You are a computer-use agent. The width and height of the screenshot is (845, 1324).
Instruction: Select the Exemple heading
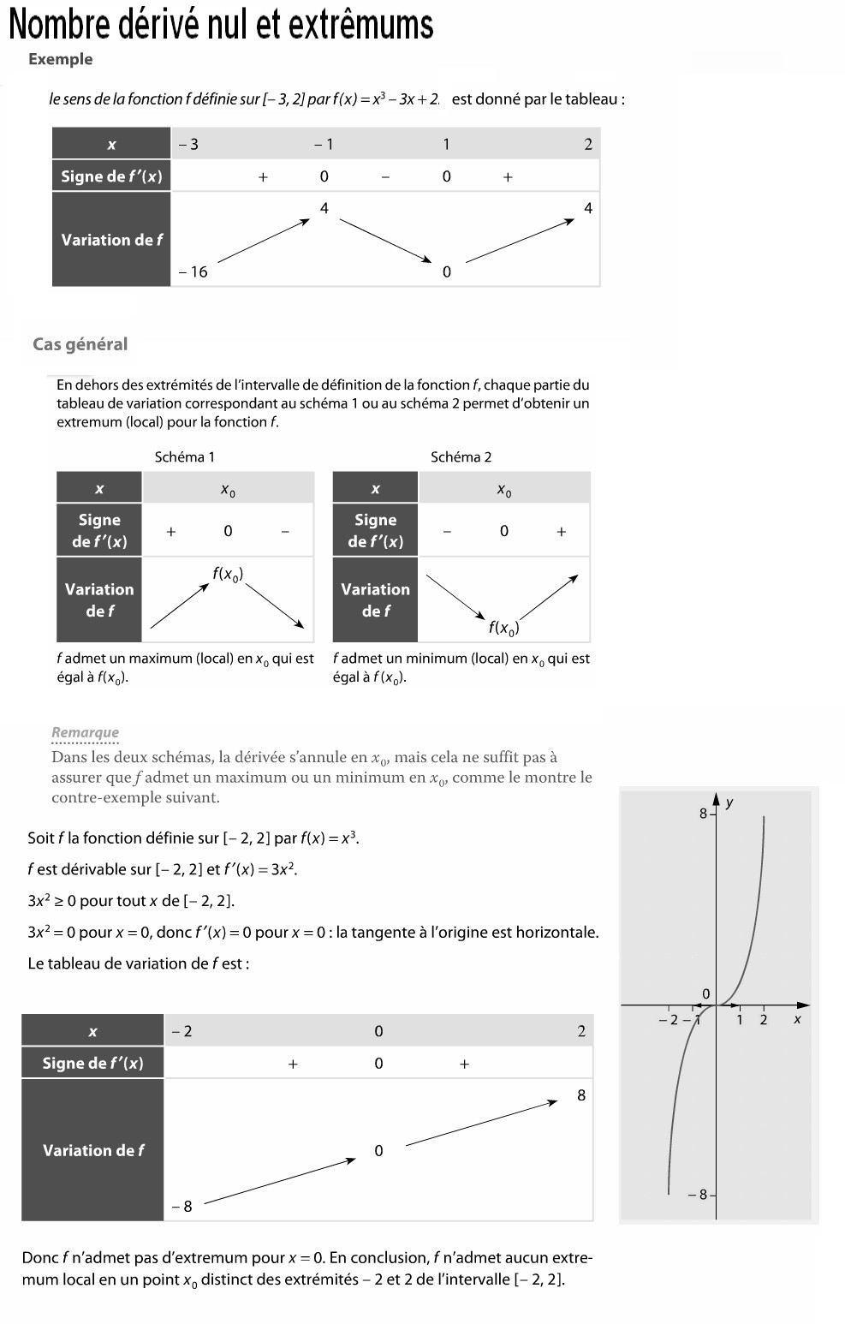(60, 59)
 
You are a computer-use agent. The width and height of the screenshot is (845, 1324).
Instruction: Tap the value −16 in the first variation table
(193, 271)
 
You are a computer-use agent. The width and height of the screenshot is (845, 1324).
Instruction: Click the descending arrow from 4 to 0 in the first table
(386, 240)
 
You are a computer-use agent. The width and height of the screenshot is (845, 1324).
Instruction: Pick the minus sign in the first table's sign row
(385, 177)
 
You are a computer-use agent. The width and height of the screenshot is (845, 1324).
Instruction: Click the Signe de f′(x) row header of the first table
(111, 176)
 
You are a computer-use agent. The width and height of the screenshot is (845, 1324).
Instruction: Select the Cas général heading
(80, 344)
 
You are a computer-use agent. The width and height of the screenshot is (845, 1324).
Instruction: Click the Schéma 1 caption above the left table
(184, 457)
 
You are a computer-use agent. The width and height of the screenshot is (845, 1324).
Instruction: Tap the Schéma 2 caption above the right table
(461, 457)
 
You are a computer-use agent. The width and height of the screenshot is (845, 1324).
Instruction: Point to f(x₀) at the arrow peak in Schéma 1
(228, 575)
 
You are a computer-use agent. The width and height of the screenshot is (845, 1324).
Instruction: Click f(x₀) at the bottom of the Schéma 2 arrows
(503, 628)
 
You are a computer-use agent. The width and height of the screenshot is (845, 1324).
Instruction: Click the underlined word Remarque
(85, 732)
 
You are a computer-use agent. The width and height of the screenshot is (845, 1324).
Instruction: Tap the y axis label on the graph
(729, 802)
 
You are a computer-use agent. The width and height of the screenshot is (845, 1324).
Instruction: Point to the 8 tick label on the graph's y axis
(703, 814)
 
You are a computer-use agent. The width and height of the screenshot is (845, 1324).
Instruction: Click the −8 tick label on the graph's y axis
(698, 1194)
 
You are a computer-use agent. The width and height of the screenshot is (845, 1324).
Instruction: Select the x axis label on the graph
(797, 1018)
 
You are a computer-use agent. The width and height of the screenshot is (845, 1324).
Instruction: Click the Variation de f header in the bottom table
(93, 1150)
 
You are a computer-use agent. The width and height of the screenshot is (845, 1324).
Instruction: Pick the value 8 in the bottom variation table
(581, 1095)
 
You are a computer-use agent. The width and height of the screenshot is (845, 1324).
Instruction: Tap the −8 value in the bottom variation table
(182, 1206)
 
